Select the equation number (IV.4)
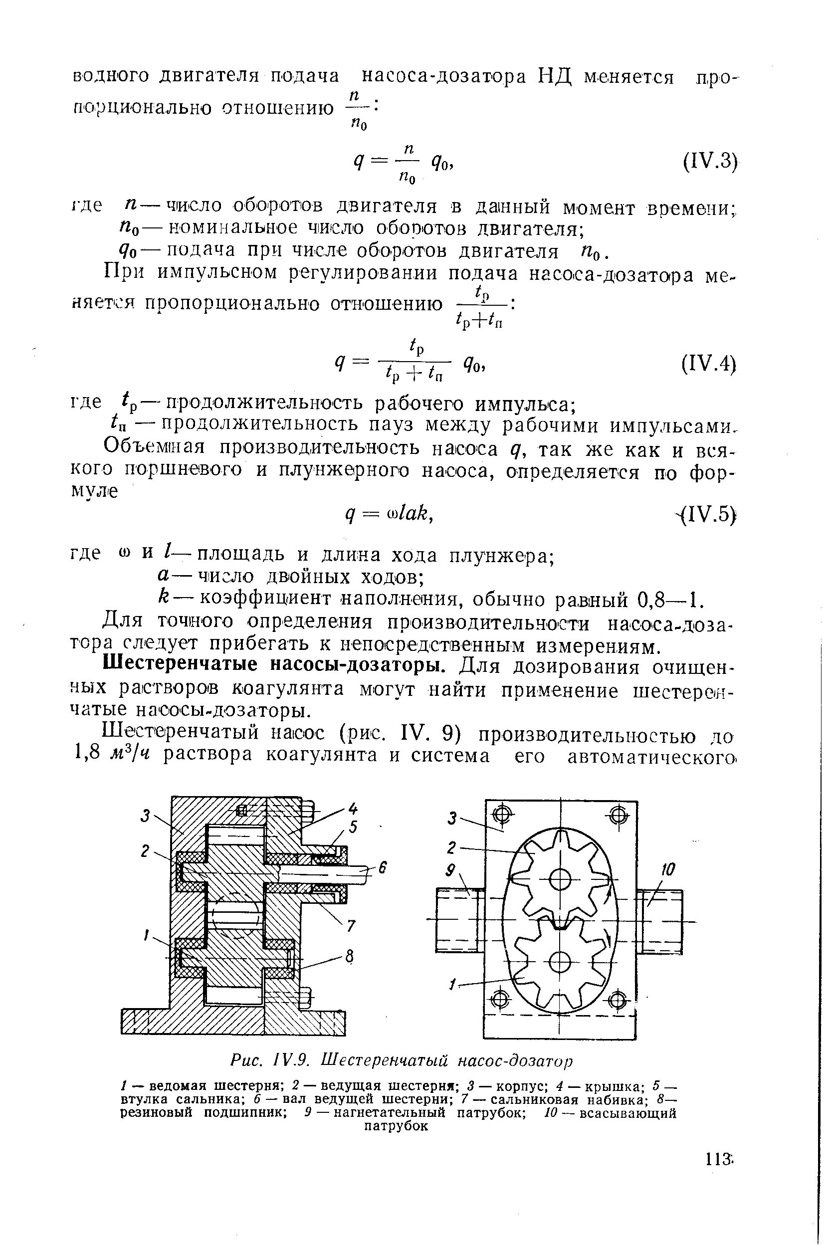coord(709,365)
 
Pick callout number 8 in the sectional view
coord(349,956)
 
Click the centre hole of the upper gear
coord(559,880)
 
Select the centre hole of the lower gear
coord(559,962)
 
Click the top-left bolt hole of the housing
coord(502,813)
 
